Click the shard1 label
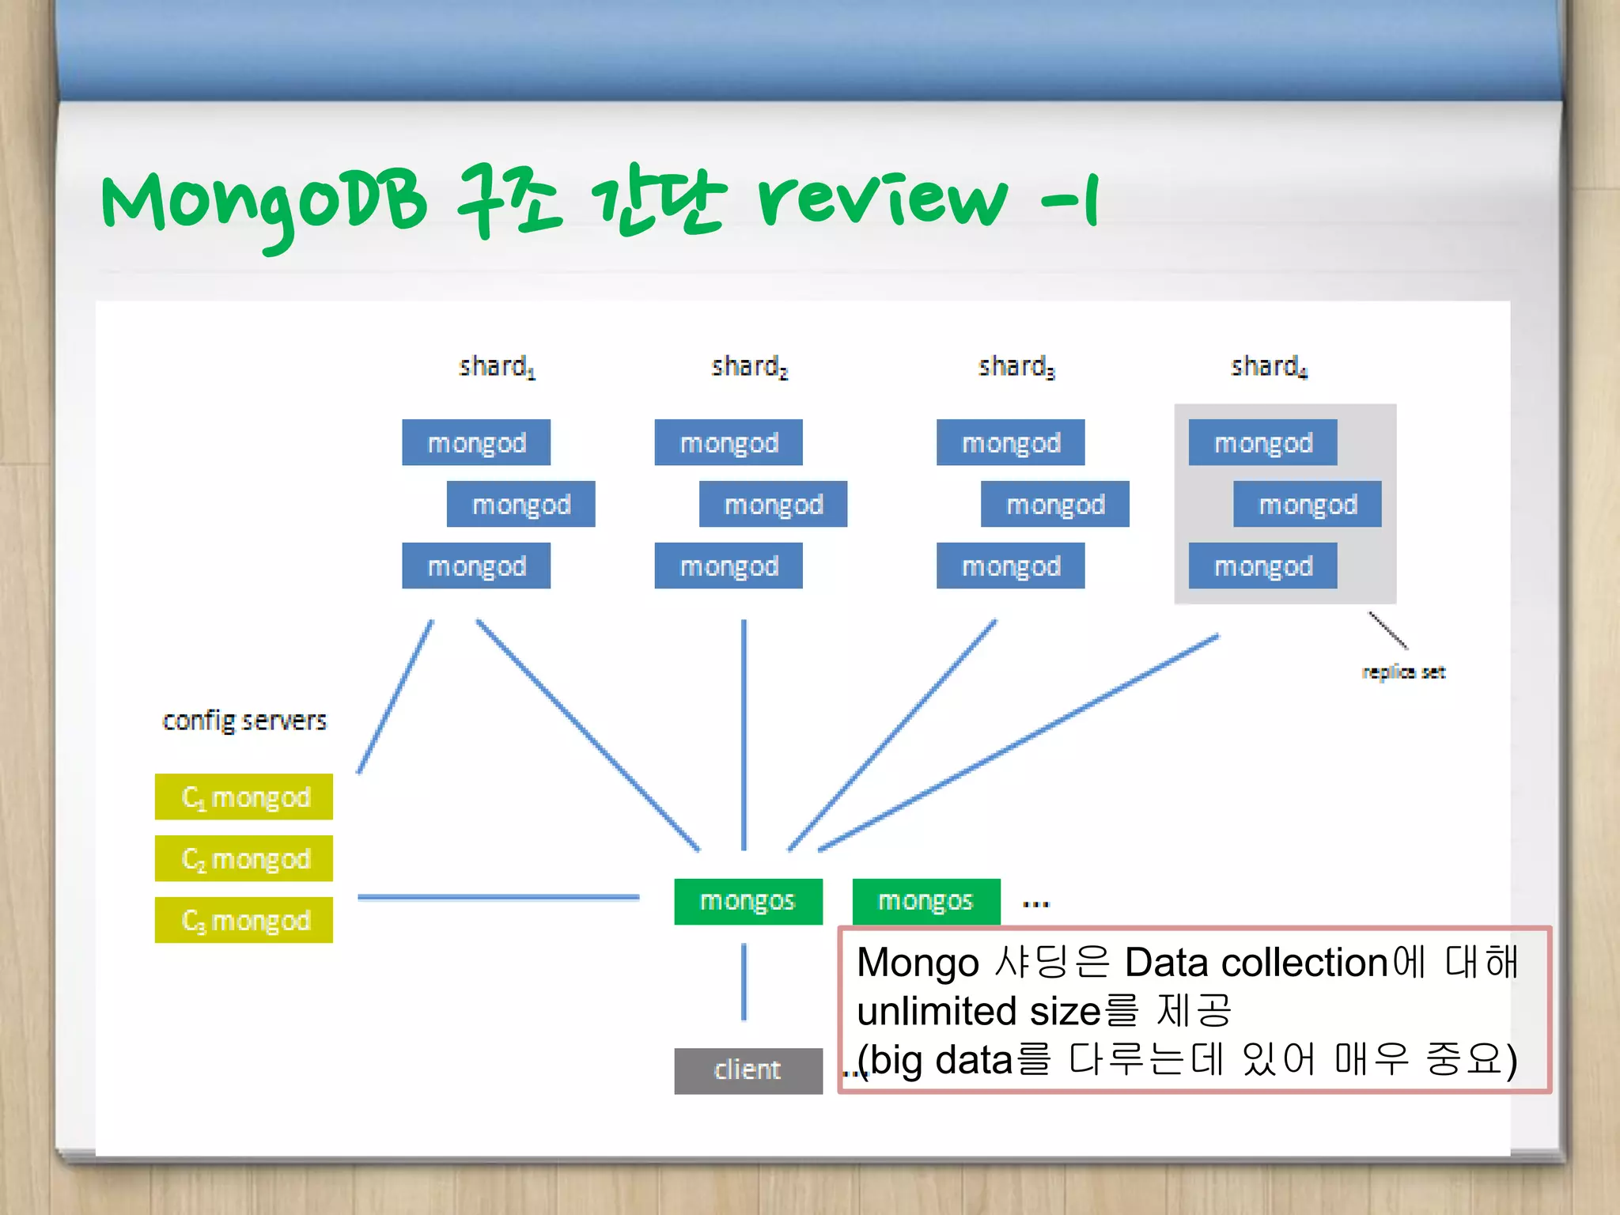click(x=497, y=366)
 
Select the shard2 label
click(x=749, y=366)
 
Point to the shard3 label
click(x=1016, y=366)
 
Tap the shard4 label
click(x=1269, y=366)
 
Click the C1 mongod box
click(x=244, y=797)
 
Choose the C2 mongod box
click(x=244, y=858)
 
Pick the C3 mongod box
click(x=244, y=920)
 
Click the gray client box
click(x=748, y=1070)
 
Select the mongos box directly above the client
click(x=748, y=901)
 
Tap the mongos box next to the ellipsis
click(x=925, y=901)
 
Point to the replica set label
click(x=1403, y=672)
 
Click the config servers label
click(x=244, y=721)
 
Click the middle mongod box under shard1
click(x=520, y=505)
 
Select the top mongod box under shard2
click(x=729, y=442)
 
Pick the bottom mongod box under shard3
click(x=1010, y=566)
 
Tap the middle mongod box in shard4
click(x=1307, y=505)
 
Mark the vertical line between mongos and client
click(x=744, y=982)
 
